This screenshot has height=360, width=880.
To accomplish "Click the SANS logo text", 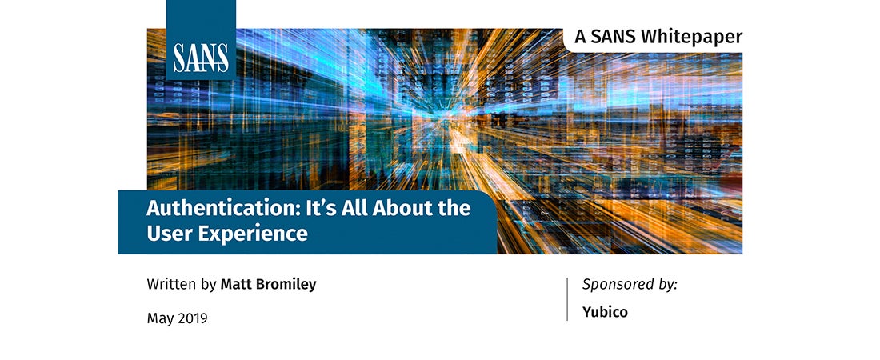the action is [x=200, y=58].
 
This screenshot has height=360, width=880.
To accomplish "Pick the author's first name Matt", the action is [x=237, y=284].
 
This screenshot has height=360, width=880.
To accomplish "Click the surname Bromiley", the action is [x=286, y=284].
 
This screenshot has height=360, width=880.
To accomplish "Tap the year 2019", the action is [x=193, y=318].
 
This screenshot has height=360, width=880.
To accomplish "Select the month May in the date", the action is [x=161, y=319].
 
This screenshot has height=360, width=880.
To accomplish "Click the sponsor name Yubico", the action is [x=605, y=312].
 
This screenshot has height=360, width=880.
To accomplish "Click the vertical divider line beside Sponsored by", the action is [x=567, y=298].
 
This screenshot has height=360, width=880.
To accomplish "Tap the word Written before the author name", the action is [x=172, y=284].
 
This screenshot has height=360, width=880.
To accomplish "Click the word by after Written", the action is [x=209, y=285].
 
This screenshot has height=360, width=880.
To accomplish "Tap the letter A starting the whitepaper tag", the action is [x=580, y=37].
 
